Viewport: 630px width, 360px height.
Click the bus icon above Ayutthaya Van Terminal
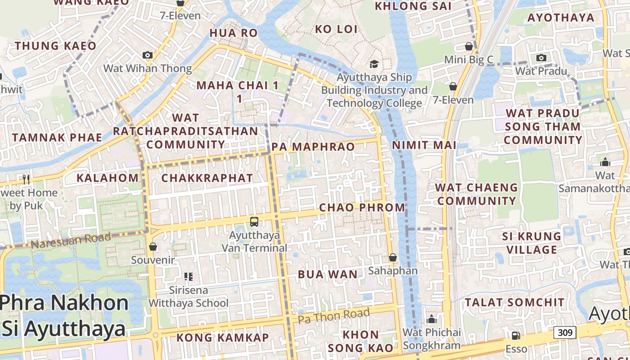pos(254,221)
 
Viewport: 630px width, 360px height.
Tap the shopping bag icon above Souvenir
pos(153,247)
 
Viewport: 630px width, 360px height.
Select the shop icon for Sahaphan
pos(393,257)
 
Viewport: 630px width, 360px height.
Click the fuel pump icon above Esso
pos(516,335)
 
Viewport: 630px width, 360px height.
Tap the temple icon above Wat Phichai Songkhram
pos(432,319)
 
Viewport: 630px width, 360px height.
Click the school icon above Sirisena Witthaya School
pos(189,276)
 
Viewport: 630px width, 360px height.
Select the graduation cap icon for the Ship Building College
pos(374,64)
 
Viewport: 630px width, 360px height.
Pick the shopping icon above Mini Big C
pos(468,46)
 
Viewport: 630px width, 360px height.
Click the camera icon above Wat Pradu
pos(541,58)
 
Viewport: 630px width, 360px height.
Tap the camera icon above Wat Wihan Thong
pos(147,55)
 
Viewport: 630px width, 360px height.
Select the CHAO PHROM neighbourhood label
pos(362,207)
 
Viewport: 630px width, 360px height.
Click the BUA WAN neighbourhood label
pos(328,274)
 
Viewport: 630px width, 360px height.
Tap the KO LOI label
pos(336,29)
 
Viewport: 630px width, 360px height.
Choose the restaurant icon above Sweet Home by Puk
pos(26,179)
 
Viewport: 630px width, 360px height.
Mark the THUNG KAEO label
pos(55,46)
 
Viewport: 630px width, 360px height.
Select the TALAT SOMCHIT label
pos(514,302)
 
